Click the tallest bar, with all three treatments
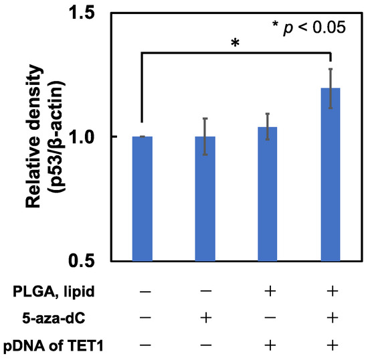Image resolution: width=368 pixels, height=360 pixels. (x=331, y=175)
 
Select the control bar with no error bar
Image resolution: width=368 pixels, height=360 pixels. (x=143, y=199)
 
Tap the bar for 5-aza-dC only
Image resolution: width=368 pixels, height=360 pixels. (x=205, y=199)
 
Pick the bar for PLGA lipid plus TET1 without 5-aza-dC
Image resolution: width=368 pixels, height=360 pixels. (x=268, y=194)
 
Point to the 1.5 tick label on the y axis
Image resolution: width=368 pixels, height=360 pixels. (x=83, y=13)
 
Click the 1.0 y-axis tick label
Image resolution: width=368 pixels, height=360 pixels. (x=83, y=137)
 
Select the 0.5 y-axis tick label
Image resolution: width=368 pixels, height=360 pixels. (x=83, y=260)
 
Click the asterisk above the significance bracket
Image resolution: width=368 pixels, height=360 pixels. (x=235, y=43)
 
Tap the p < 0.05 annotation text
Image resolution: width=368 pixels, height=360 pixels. (x=309, y=27)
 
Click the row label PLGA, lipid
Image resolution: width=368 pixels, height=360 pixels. (x=54, y=292)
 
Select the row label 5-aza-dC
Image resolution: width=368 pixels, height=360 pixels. (x=54, y=319)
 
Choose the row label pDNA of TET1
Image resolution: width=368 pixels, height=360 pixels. (x=54, y=346)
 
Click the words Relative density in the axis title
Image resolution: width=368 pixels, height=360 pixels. (x=34, y=136)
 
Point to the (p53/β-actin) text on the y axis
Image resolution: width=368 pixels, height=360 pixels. (x=57, y=137)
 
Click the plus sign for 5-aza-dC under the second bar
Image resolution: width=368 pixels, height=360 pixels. (x=206, y=319)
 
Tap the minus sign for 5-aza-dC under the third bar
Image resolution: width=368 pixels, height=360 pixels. (x=270, y=319)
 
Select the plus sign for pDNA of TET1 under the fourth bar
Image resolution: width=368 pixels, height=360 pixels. (x=333, y=345)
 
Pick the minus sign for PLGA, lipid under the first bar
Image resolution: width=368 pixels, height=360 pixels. (x=145, y=292)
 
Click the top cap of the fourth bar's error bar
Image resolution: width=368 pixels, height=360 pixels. (x=331, y=69)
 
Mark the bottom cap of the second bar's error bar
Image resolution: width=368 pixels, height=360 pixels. (x=205, y=155)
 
